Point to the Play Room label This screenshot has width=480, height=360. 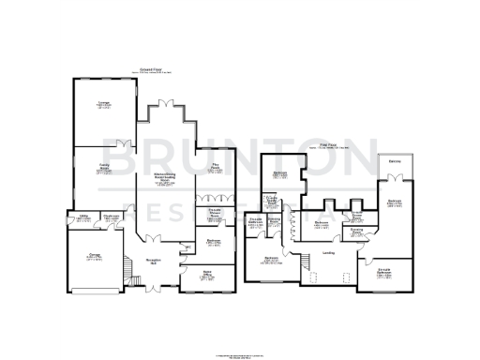pyautogui.click(x=215, y=169)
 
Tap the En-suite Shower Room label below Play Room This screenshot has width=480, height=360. pyautogui.click(x=215, y=212)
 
